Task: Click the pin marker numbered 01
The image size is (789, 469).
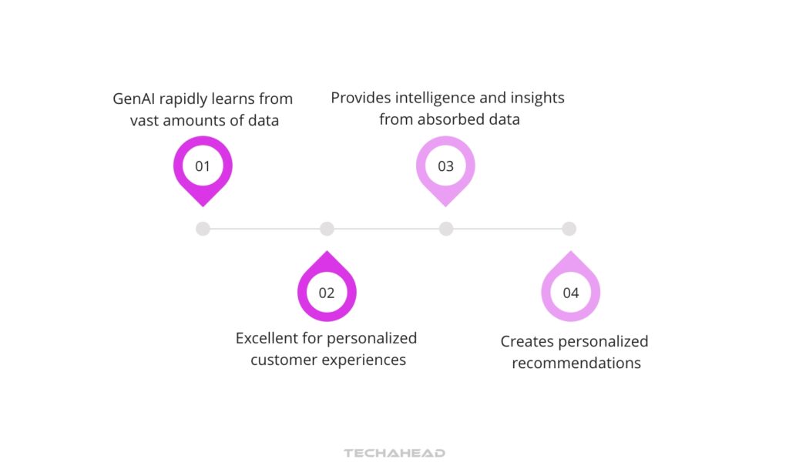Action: coord(203,166)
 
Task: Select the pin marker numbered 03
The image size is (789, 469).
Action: coord(445,166)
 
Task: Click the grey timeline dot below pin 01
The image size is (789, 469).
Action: coord(203,229)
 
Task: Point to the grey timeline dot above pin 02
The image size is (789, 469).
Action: coord(327,229)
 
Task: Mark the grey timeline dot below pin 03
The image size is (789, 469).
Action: coord(445,229)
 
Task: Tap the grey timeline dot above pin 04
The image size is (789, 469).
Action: coord(569,229)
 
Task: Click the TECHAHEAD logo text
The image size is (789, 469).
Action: coord(394,453)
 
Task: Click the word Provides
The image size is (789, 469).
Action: coord(360,98)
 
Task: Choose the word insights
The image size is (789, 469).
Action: coord(536,98)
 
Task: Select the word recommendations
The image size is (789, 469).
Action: coord(576,363)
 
